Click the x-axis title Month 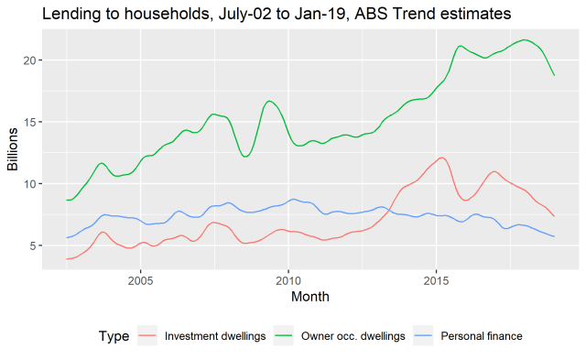coord(309,297)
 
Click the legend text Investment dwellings coord(215,336)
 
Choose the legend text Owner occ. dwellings coord(353,336)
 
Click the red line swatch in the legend coord(146,336)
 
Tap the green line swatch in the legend coord(285,336)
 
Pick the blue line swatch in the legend coord(424,336)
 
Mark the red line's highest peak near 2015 coord(441,158)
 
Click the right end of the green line coord(554,75)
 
